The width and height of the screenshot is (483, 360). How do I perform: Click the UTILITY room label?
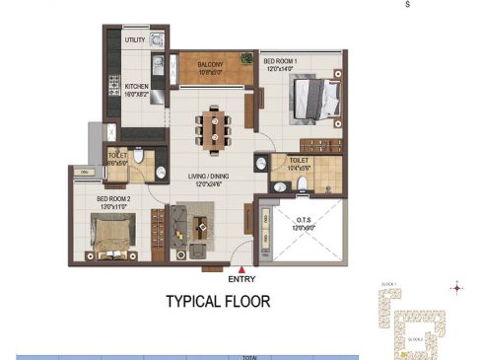coord(136,40)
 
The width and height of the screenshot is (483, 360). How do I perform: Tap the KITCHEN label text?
coord(136,86)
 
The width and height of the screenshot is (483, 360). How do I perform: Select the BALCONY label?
coord(210,64)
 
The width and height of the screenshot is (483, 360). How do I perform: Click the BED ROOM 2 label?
coord(114,198)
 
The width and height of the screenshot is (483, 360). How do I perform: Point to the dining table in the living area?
coord(214,124)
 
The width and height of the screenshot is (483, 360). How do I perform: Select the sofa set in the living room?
coord(191,225)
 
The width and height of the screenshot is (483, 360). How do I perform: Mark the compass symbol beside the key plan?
coord(455,288)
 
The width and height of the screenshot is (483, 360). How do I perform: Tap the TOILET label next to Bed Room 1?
coord(301,160)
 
